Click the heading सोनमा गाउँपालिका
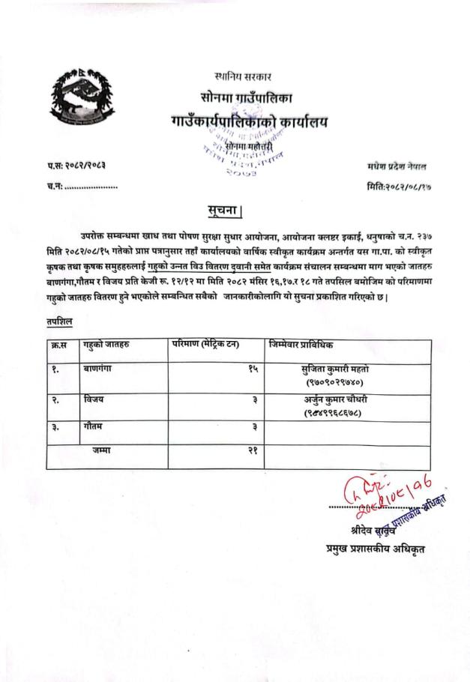click(x=247, y=98)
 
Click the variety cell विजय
click(x=94, y=400)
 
